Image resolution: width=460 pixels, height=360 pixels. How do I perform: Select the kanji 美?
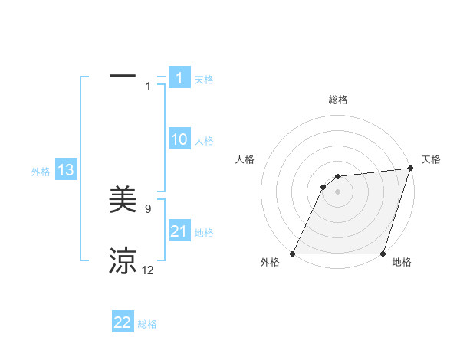tap(123, 200)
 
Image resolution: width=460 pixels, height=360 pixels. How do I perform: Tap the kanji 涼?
tap(123, 261)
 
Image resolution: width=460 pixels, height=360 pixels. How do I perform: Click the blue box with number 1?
tap(179, 77)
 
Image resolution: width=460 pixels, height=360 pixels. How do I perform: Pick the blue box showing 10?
tap(179, 139)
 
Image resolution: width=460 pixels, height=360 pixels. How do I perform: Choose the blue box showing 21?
tap(179, 231)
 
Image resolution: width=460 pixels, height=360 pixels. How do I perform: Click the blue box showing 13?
tap(65, 170)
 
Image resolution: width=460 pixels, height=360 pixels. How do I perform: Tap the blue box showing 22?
tap(123, 322)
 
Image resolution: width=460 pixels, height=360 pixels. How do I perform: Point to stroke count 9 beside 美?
tap(148, 208)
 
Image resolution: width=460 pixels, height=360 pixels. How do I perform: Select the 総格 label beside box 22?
tap(147, 324)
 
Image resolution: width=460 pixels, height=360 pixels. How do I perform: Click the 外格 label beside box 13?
tap(41, 172)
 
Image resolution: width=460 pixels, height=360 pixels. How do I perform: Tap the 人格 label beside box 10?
tap(204, 141)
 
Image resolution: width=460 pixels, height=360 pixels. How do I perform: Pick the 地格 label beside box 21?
tap(204, 233)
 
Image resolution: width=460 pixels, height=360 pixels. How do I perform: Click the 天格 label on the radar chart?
tap(431, 159)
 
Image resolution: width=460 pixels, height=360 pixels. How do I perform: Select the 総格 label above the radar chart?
tap(338, 100)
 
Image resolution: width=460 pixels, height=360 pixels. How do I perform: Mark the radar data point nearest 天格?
tap(410, 169)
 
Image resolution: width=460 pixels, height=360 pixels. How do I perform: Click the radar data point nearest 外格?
tap(293, 254)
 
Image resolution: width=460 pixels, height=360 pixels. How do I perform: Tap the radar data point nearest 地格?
tap(383, 254)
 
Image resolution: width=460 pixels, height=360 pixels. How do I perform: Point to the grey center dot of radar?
tap(338, 191)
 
